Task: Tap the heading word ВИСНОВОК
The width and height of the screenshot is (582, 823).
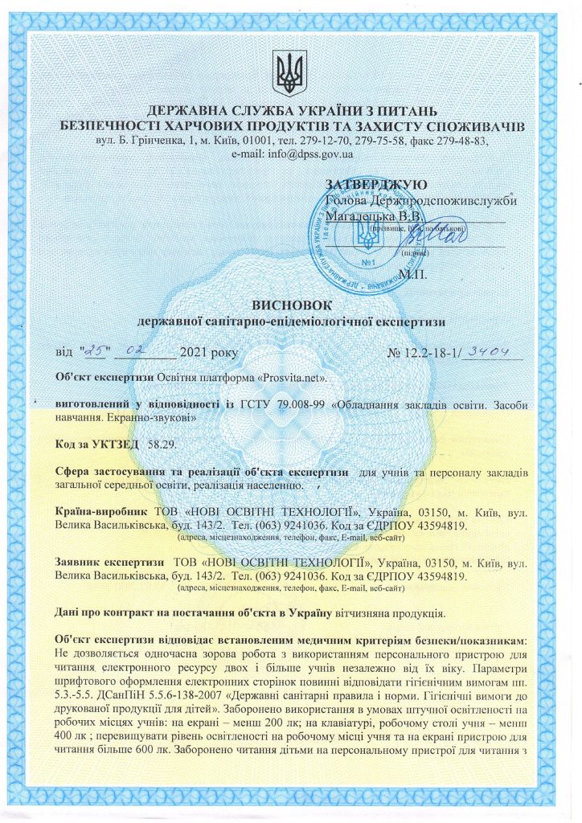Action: tap(290, 305)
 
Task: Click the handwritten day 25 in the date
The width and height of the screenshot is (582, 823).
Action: tap(95, 350)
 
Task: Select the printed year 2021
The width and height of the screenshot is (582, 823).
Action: tap(195, 352)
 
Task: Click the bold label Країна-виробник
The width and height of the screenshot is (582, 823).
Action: tap(101, 511)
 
